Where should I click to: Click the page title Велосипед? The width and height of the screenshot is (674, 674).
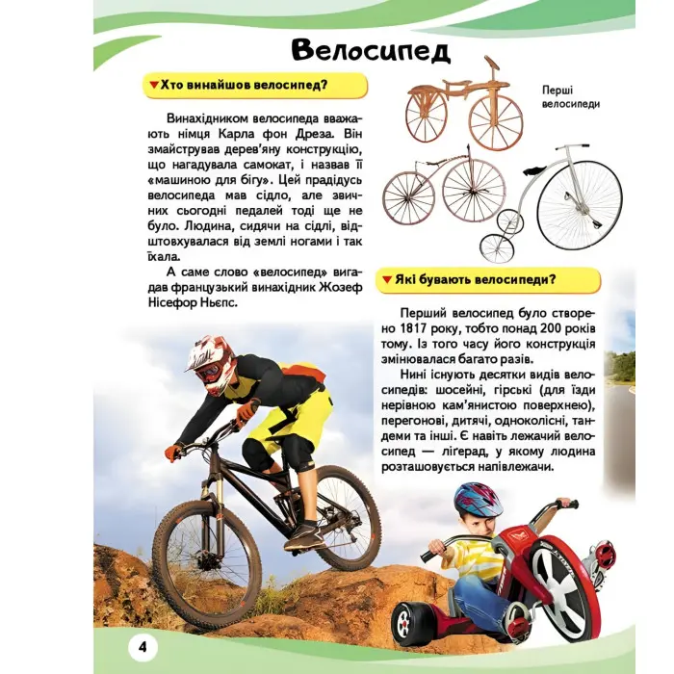point(370,51)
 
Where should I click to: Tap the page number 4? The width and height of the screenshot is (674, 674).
point(142,644)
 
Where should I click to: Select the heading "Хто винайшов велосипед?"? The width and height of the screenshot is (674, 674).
point(252,86)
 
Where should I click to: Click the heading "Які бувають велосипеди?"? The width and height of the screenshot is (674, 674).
point(490,280)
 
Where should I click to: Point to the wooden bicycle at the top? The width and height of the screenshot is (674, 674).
point(464,108)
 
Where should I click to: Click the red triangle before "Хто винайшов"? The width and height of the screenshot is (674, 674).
point(153,86)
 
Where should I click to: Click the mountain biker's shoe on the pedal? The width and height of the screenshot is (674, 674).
point(304,535)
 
